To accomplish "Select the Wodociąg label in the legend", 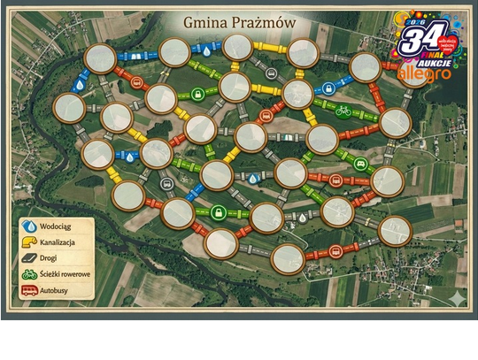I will click(x=58, y=226).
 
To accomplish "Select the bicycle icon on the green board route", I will click(x=343, y=111).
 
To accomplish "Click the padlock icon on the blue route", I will click(x=328, y=88).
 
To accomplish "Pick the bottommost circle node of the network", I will click(x=288, y=258).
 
